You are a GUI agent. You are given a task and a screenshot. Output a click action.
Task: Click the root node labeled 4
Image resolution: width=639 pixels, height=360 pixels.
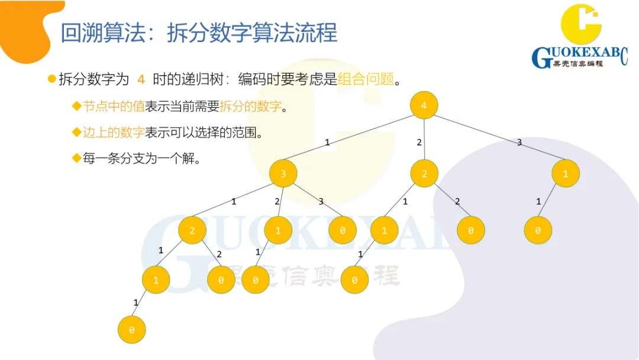pos(424,105)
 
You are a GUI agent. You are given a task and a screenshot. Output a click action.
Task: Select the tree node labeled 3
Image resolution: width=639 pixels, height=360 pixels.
pos(283,174)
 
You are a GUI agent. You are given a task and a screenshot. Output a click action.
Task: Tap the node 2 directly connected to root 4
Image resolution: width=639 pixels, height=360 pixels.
pos(424,174)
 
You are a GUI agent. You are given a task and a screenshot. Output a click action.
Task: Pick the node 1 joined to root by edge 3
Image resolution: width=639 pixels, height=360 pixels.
pos(566,174)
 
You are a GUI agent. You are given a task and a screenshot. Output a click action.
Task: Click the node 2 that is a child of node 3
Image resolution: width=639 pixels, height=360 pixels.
pos(192,231)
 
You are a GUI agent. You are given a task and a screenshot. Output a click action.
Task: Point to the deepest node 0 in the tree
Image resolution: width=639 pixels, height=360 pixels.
pos(131,330)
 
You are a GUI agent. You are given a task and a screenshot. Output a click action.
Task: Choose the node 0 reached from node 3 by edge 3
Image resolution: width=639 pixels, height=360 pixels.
pos(343,231)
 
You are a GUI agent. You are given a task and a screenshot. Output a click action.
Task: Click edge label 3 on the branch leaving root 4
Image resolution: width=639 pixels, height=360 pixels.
pos(519,143)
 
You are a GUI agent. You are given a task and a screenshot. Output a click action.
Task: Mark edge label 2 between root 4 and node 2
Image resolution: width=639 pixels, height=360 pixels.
pos(419,143)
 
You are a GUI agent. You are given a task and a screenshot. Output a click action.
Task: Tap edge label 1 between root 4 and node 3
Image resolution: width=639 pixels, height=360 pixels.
pos(327,143)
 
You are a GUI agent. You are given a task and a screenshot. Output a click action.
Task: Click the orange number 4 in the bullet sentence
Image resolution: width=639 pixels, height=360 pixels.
pos(141,79)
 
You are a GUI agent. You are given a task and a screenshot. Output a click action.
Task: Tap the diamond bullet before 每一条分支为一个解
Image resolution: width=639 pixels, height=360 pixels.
pos(76,158)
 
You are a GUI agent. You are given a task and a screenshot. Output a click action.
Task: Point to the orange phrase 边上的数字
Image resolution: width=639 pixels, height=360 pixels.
pos(114,133)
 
